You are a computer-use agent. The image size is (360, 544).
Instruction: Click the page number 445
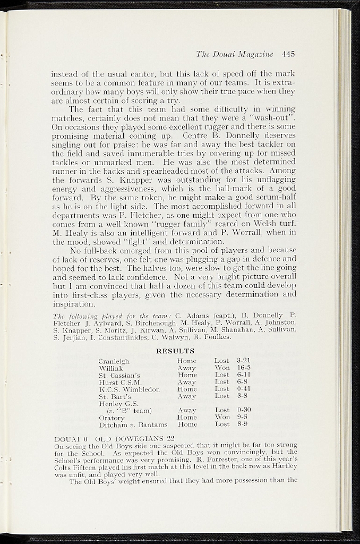tap(288, 54)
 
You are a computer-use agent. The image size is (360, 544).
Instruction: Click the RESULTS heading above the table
tap(175, 351)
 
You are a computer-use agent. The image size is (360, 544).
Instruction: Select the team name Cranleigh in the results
tap(114, 361)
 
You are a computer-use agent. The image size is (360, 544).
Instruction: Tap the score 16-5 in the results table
tap(244, 368)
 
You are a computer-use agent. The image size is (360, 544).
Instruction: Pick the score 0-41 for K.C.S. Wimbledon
tap(244, 389)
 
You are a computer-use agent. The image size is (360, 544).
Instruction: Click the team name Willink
tap(111, 368)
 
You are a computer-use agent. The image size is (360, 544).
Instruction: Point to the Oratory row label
tap(112, 418)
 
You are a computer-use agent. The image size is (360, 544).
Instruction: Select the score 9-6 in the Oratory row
tap(242, 417)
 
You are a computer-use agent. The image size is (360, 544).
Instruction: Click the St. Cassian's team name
tap(119, 375)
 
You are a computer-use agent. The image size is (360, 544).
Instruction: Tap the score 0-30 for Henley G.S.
tap(244, 410)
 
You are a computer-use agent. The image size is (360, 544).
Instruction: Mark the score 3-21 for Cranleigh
tap(244, 361)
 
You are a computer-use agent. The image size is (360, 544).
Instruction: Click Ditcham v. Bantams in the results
tap(133, 424)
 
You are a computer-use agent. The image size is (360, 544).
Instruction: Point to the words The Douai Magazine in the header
tap(235, 54)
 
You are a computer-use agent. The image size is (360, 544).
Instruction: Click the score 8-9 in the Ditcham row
tap(242, 424)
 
